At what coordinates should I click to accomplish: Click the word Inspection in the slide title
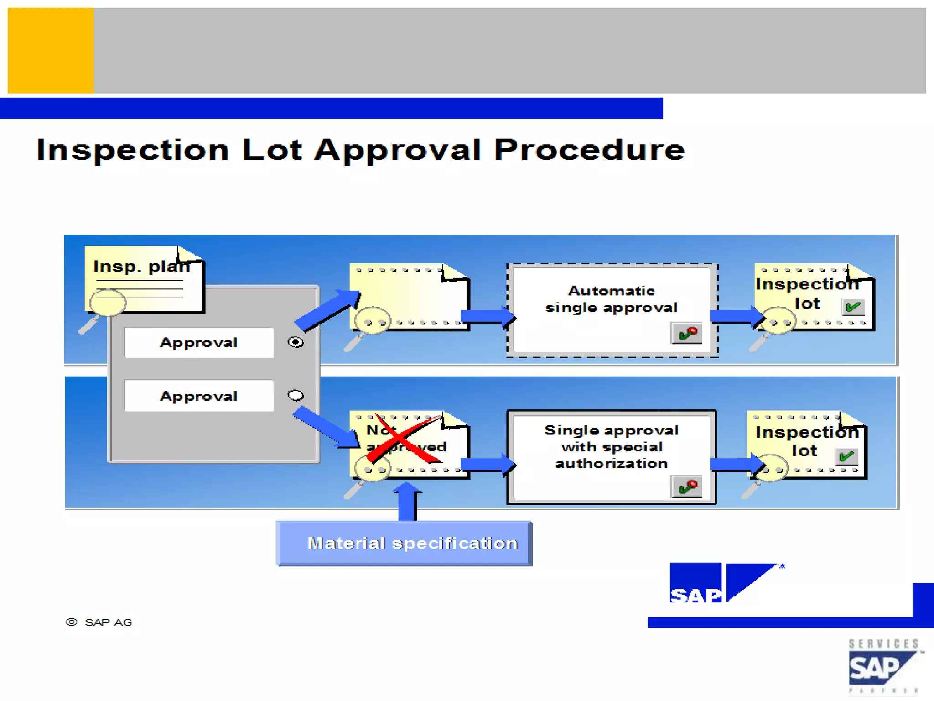(132, 151)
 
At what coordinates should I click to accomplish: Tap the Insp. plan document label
(141, 266)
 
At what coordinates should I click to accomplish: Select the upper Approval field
(199, 343)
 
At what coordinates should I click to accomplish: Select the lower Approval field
(199, 396)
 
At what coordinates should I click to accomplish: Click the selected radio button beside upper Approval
(296, 342)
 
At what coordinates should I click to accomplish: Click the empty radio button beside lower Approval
(296, 395)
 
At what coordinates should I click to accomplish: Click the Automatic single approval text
(611, 299)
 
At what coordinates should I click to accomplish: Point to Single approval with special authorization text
(611, 447)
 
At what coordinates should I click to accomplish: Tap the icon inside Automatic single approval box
(686, 333)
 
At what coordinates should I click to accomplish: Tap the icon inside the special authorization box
(686, 487)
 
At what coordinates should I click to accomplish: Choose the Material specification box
(404, 544)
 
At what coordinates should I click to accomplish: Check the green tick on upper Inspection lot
(853, 307)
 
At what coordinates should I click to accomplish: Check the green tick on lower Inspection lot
(846, 455)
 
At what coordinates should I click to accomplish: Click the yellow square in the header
(51, 50)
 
